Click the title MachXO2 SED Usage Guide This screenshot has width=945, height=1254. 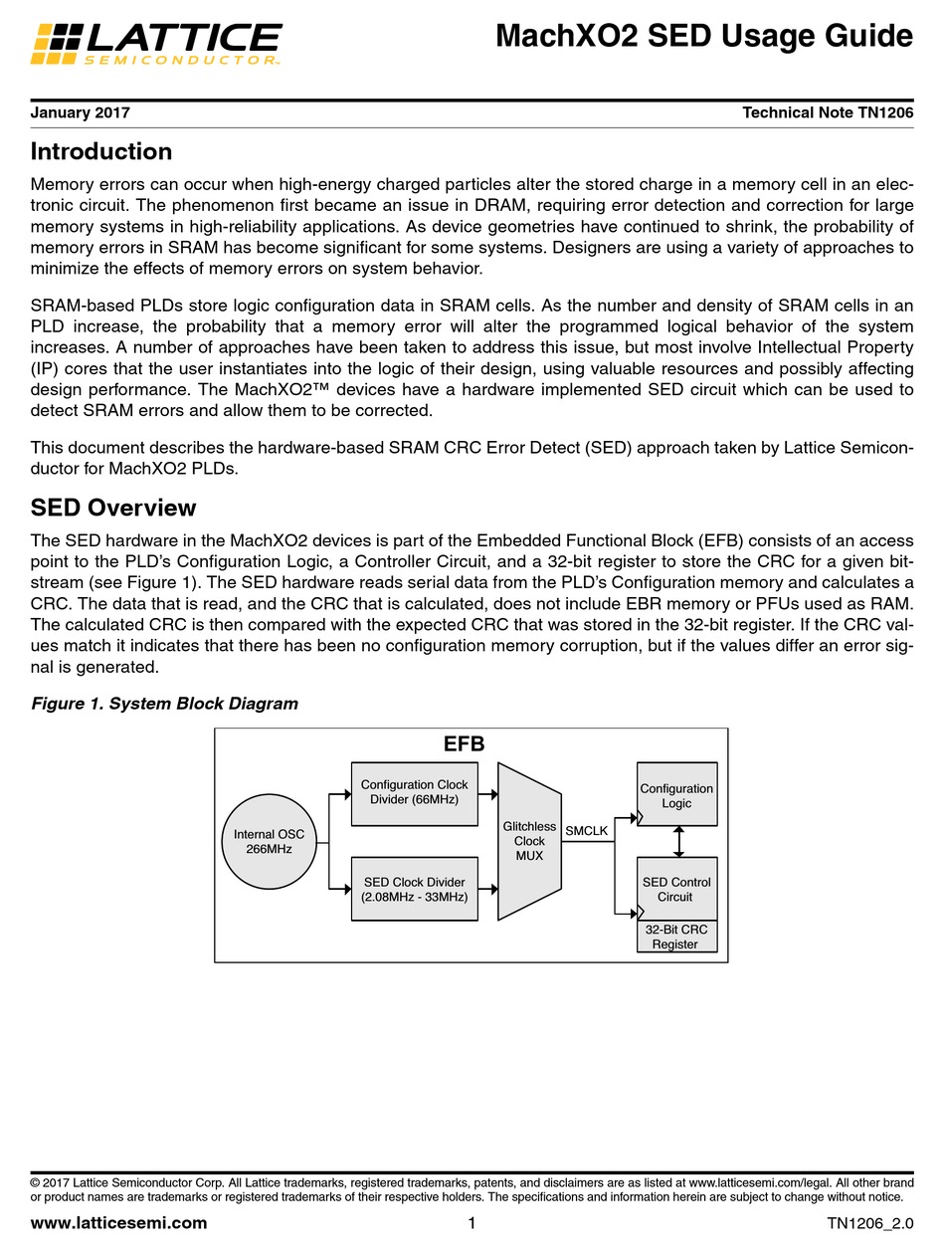click(703, 37)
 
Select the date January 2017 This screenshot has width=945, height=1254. click(81, 113)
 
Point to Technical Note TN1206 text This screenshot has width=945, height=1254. click(828, 113)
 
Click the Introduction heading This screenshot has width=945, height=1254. click(101, 152)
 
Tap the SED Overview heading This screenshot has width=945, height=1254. click(113, 509)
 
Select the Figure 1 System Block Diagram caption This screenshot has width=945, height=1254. click(164, 704)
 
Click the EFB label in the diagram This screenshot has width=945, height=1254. click(464, 744)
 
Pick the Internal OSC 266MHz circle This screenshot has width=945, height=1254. click(269, 842)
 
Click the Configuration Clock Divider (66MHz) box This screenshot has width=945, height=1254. click(414, 793)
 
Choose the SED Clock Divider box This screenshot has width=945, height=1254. click(414, 889)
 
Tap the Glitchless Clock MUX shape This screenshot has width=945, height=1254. click(529, 842)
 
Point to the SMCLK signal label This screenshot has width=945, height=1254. click(586, 831)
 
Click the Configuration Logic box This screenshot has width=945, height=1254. click(676, 795)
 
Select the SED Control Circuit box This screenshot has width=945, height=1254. click(676, 889)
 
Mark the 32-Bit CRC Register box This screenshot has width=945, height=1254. click(676, 937)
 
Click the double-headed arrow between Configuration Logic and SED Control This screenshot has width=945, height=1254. click(678, 841)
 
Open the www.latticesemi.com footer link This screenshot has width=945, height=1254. click(119, 1223)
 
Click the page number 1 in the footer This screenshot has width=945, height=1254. click(472, 1223)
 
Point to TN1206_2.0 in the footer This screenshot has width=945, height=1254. click(868, 1223)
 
